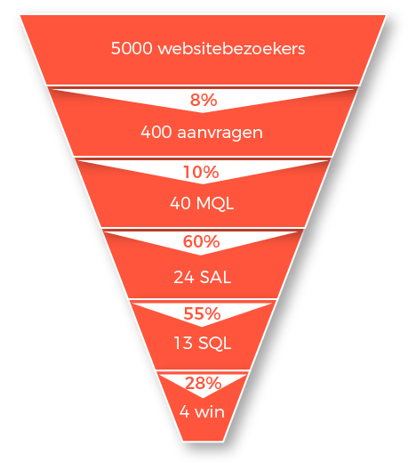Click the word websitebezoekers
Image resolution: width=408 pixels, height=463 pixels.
click(x=231, y=48)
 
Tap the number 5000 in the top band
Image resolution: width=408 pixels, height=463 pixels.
click(x=132, y=48)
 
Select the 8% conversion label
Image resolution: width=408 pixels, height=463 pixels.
click(x=204, y=100)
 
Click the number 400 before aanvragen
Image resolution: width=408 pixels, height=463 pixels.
click(x=156, y=132)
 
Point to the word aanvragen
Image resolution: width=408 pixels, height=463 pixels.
click(x=220, y=134)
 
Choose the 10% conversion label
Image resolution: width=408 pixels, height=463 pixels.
click(x=201, y=172)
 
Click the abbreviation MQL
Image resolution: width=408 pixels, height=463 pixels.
click(x=215, y=204)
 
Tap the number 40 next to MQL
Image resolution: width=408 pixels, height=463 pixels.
click(x=180, y=204)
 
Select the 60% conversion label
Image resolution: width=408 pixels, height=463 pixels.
click(x=202, y=241)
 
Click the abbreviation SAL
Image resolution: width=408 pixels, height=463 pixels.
click(x=215, y=277)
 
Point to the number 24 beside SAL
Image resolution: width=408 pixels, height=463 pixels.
click(x=184, y=277)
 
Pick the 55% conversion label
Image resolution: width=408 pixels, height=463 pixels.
click(x=202, y=313)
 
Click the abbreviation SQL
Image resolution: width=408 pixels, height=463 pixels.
click(x=214, y=344)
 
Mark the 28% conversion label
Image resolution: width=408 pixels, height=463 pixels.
click(x=204, y=383)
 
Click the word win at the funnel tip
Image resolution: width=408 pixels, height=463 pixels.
click(x=210, y=412)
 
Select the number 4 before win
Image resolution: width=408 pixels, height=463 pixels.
click(x=184, y=412)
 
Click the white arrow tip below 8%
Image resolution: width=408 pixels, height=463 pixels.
click(x=203, y=113)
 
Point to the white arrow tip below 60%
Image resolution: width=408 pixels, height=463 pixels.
click(x=201, y=256)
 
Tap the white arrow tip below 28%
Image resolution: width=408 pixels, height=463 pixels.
click(x=203, y=398)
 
